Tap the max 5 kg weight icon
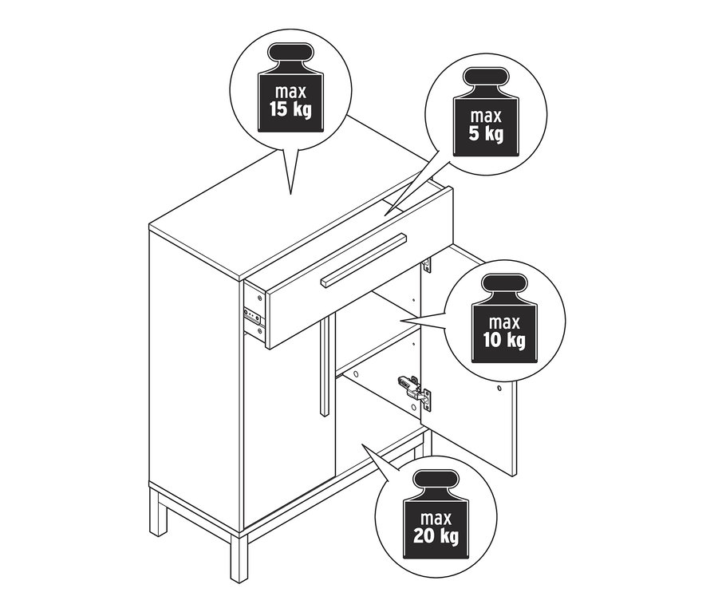tap(486, 115)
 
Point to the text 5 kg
tap(487, 133)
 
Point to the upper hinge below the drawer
tap(426, 263)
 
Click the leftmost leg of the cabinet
tap(160, 511)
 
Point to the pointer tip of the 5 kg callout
tap(385, 213)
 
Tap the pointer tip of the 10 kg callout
tap(400, 321)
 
